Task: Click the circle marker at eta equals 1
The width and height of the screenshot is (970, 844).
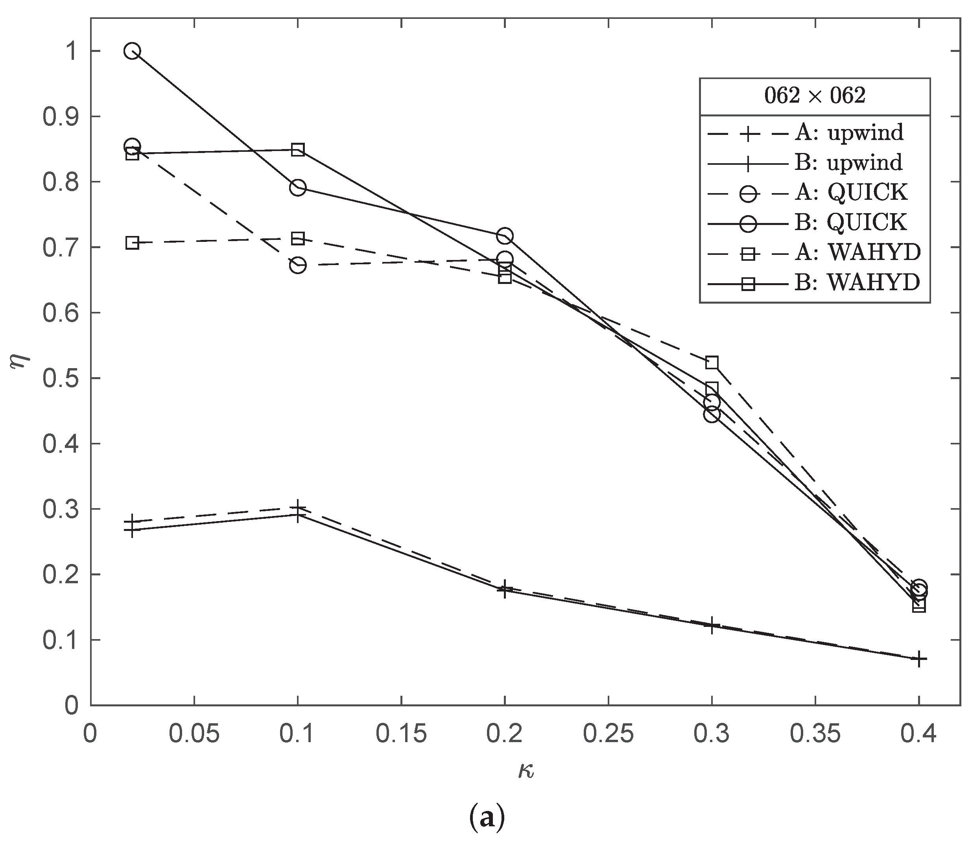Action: (132, 51)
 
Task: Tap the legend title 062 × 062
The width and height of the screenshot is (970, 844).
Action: (814, 96)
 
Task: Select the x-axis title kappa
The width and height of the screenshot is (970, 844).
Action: (526, 771)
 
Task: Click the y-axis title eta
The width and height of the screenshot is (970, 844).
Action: (22, 363)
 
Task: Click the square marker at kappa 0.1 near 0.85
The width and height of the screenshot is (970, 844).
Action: (298, 150)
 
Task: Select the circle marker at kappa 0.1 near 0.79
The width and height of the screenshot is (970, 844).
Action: (298, 188)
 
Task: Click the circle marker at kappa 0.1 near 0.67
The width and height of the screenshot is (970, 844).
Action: (298, 265)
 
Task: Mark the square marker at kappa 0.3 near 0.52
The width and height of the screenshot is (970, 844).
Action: (712, 362)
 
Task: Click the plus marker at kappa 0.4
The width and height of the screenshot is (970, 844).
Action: (918, 659)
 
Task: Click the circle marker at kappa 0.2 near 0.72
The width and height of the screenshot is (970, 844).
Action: (505, 236)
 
